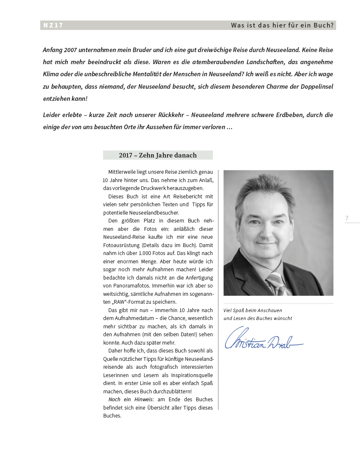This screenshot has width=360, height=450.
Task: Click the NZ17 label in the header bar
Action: click(x=53, y=25)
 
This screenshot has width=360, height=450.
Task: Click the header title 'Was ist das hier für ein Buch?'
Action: click(x=282, y=25)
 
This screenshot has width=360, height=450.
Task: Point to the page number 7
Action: click(x=347, y=218)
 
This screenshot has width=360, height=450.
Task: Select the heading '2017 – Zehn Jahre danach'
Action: click(x=157, y=155)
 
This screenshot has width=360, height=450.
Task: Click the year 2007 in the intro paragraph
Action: click(x=71, y=50)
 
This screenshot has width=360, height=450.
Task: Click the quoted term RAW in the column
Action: click(x=117, y=302)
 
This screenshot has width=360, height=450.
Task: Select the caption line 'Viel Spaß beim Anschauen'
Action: click(x=252, y=310)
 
